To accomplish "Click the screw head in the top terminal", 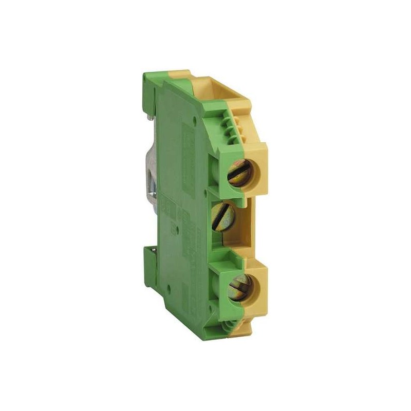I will tap(239, 172).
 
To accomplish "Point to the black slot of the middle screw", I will tap(222, 214).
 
